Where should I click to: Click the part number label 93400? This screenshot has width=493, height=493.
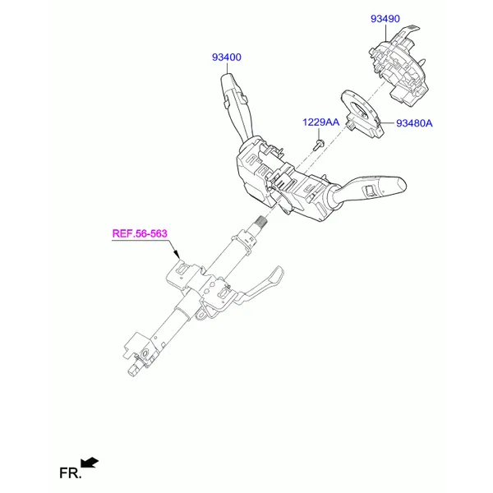click(227, 58)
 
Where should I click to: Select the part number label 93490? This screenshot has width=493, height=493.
click(385, 19)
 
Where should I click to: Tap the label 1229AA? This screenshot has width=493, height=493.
click(321, 122)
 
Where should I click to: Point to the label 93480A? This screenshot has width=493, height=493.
click(414, 123)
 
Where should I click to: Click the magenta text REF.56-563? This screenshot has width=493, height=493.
click(140, 233)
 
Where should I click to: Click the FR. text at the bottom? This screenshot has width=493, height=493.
click(71, 473)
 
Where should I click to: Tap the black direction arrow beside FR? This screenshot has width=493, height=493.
click(90, 463)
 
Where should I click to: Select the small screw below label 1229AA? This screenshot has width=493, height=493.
click(319, 145)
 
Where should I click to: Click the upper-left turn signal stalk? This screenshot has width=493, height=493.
click(236, 104)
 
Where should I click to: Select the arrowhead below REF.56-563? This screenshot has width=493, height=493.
click(176, 254)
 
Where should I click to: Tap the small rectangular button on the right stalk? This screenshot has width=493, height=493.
click(368, 191)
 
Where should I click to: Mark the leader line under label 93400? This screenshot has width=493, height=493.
click(227, 68)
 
